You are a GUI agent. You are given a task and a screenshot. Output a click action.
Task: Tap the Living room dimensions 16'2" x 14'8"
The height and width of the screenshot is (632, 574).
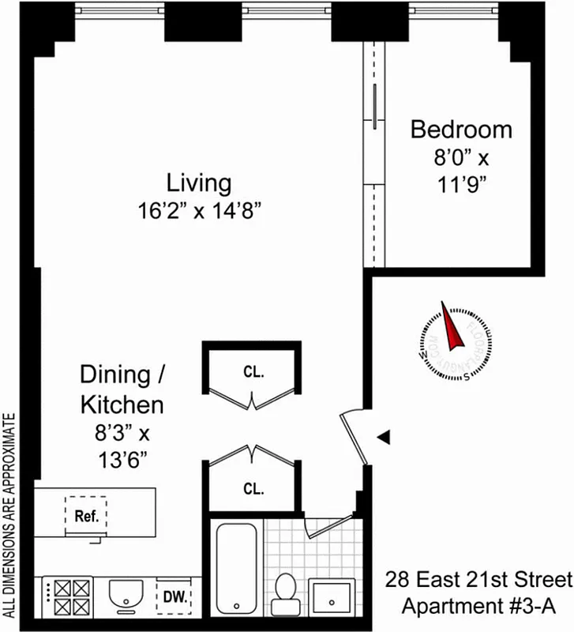tap(198, 211)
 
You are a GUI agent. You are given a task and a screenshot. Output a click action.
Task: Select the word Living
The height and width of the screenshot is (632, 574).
tap(199, 183)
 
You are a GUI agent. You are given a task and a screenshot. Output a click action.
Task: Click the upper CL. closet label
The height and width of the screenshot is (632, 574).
tap(253, 371)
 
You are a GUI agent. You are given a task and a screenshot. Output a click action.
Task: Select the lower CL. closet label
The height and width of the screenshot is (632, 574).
tap(253, 489)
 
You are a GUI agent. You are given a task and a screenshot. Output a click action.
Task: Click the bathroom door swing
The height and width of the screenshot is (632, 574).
tap(325, 526)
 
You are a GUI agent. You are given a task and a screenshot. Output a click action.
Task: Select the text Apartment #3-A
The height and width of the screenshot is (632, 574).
tap(478, 607)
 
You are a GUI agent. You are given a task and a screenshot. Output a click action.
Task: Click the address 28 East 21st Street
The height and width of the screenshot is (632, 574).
tap(478, 581)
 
